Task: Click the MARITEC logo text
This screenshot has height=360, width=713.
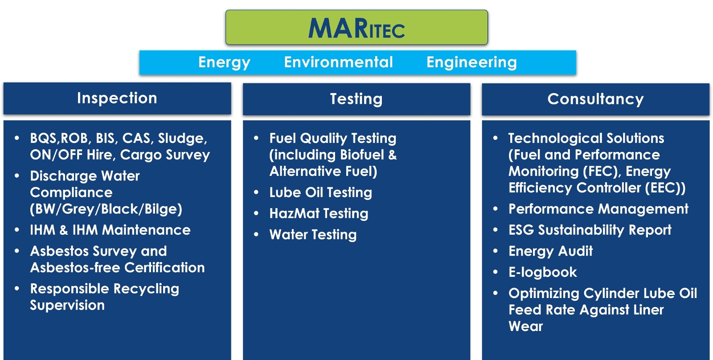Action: coord(356,29)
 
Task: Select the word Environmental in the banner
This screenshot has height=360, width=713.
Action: coord(338,62)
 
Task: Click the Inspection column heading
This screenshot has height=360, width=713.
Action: coord(117,98)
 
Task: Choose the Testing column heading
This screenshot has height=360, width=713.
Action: coord(356,99)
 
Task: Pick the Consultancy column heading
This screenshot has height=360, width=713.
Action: coord(595,99)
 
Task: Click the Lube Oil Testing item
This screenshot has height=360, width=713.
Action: coord(320,192)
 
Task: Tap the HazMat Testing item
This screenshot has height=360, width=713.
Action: coord(319,213)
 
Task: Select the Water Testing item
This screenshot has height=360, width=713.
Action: coord(313,235)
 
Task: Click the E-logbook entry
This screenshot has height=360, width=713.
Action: coord(543,272)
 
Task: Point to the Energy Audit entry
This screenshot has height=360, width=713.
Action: coord(551,251)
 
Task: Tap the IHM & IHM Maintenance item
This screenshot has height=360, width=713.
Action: coord(110,230)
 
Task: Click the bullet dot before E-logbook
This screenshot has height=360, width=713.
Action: coord(496,272)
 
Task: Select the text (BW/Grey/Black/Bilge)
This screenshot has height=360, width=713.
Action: coord(106,209)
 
